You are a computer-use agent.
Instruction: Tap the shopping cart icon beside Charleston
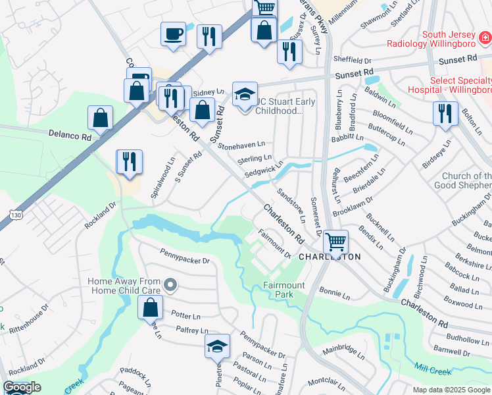pyautogui.click(x=335, y=242)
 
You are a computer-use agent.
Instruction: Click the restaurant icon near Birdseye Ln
pyautogui.click(x=445, y=113)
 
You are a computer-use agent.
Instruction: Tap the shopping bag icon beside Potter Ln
pyautogui.click(x=150, y=306)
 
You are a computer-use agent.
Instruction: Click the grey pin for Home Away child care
pyautogui.click(x=171, y=285)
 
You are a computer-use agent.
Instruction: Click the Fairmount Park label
pyautogui.click(x=287, y=290)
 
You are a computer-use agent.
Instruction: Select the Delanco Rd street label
pyautogui.click(x=69, y=134)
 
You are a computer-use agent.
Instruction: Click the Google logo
pyautogui.click(x=22, y=387)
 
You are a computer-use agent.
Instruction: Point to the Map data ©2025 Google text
pyautogui.click(x=450, y=390)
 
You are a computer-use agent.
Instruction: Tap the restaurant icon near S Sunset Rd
pyautogui.click(x=128, y=162)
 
